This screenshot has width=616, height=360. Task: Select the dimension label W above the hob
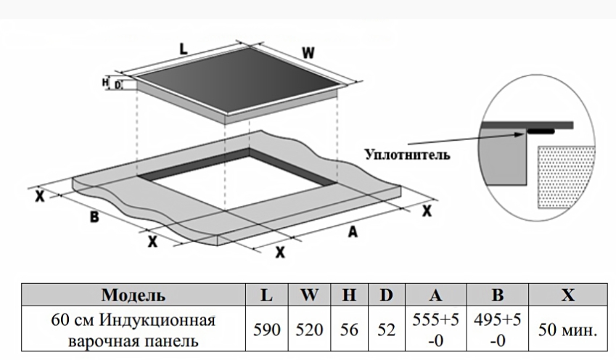point(308,52)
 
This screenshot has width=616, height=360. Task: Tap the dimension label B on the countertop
point(94,216)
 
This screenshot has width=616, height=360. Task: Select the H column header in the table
point(350,295)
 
